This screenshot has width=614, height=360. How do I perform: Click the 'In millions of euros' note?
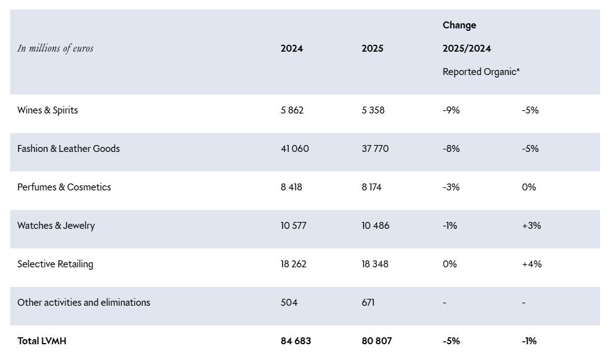point(55,48)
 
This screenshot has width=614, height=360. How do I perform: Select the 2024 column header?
point(292,48)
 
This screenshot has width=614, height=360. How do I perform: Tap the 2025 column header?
point(373,48)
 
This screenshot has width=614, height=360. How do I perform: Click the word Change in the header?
point(460,25)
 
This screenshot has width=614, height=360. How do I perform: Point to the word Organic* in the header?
point(502,72)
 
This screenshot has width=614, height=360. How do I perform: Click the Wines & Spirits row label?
point(47,110)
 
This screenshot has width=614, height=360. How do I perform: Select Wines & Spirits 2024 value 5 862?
point(292,110)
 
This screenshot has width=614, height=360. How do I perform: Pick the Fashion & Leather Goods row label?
point(69,148)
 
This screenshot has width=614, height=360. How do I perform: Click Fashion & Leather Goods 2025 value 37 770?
point(375,148)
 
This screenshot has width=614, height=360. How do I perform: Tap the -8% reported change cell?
point(451,148)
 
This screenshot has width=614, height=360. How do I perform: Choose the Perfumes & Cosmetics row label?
point(64,187)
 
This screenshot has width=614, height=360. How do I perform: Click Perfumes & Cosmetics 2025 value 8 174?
point(371,187)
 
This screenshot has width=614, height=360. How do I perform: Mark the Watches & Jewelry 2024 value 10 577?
point(293,225)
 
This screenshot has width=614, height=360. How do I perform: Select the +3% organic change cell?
point(531,225)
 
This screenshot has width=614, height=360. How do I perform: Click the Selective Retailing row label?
point(55,264)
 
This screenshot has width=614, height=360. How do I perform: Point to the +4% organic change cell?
point(532,264)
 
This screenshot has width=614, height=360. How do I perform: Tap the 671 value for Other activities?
point(368,303)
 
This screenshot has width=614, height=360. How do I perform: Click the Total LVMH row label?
point(42,341)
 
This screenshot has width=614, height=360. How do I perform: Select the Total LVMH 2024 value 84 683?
point(296,341)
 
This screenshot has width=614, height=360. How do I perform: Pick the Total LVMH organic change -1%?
point(529,341)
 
